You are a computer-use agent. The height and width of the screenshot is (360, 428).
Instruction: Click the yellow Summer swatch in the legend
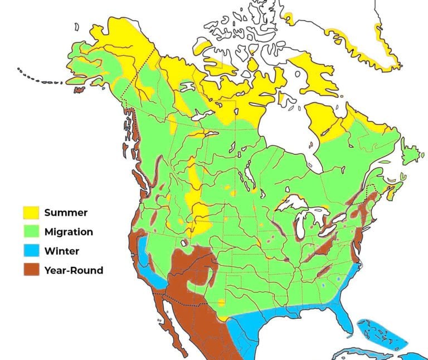pos(31,212)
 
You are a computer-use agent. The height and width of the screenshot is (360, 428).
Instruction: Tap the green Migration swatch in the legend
pos(31,232)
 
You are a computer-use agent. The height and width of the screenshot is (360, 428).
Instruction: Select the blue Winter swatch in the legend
pos(31,251)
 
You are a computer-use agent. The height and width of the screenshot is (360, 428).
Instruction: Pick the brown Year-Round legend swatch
pos(31,271)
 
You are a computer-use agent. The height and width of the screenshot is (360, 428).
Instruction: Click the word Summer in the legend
pos(66,212)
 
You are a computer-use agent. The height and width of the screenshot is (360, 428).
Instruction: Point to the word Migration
pos(69,232)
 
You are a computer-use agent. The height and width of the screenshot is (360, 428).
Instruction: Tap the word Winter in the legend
pos(62,251)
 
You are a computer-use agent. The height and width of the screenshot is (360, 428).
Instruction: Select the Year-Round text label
pos(74,271)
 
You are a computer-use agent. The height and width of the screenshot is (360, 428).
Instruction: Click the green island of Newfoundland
pos(412,152)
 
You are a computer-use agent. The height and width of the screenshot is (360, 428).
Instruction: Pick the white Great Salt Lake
pos(184,243)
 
